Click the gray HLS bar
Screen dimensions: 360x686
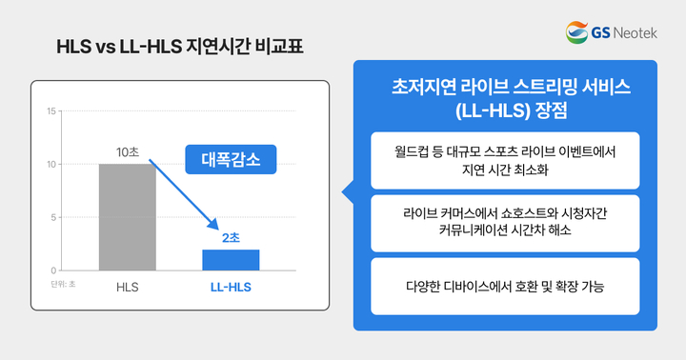127,217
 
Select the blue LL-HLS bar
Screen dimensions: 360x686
231,260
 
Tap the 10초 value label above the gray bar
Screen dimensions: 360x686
127,152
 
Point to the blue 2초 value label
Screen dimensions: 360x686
231,237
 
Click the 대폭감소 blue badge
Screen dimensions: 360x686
230,158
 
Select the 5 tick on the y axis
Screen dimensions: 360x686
52,217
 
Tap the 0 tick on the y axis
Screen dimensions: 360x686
52,270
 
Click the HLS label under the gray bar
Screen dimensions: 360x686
127,286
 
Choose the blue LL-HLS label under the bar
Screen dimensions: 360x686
231,286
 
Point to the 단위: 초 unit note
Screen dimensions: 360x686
64,283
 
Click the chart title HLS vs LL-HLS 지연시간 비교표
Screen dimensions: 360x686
183,46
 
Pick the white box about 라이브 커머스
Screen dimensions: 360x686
505,221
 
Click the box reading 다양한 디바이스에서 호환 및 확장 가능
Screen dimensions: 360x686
505,285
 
